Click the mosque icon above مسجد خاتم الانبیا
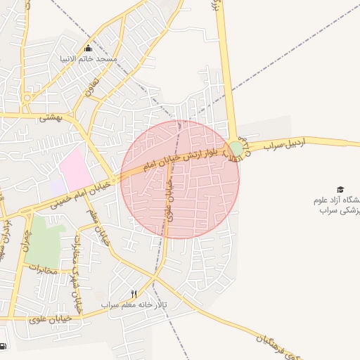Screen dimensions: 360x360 pyautogui.click(x=88, y=49)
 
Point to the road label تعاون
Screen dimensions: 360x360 pyautogui.click(x=89, y=89)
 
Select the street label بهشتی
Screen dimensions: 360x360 pyautogui.click(x=51, y=117)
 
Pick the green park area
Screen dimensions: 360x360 pyautogui.click(x=45, y=240)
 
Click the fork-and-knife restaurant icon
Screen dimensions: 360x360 pyautogui.click(x=134, y=293)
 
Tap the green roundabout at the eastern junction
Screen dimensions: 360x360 pyautogui.click(x=236, y=149)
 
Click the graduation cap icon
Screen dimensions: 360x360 pyautogui.click(x=340, y=190)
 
